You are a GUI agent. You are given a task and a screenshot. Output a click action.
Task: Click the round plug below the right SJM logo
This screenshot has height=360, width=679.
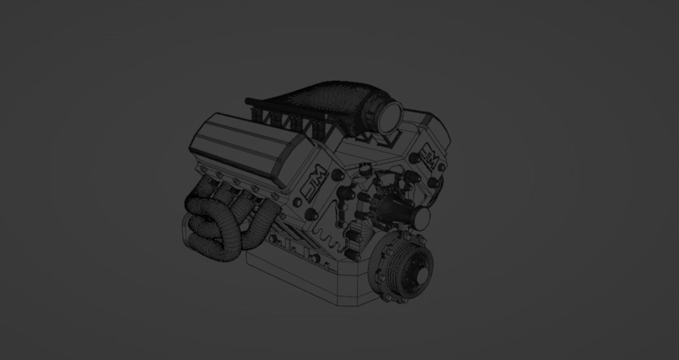pyautogui.click(x=433, y=183)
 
